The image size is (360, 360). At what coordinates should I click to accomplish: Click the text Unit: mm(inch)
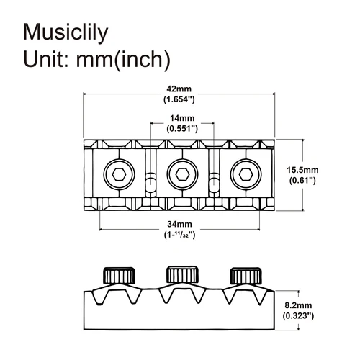click(96, 59)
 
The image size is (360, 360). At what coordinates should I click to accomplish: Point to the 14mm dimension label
click(183, 117)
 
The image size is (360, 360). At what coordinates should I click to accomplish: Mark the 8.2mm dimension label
click(300, 304)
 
